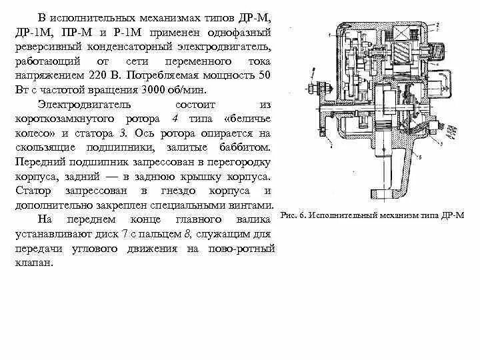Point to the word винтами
pyautogui.click(x=254, y=207)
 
